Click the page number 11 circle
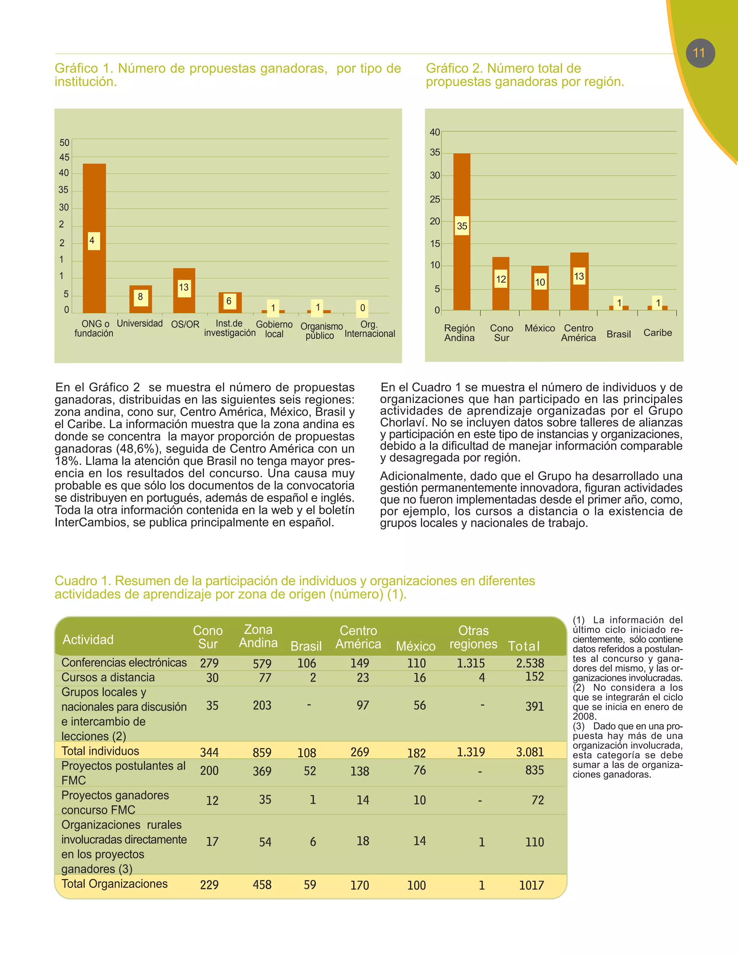700,53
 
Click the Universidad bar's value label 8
140,297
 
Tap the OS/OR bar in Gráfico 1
184,302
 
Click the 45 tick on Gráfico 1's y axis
64,157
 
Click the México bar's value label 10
540,283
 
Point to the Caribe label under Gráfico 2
658,333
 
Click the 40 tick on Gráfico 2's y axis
435,132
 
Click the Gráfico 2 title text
525,75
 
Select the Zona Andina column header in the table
258,636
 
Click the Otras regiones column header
473,637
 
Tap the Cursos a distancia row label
108,678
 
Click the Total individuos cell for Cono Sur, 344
209,752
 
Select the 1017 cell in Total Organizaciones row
531,885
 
